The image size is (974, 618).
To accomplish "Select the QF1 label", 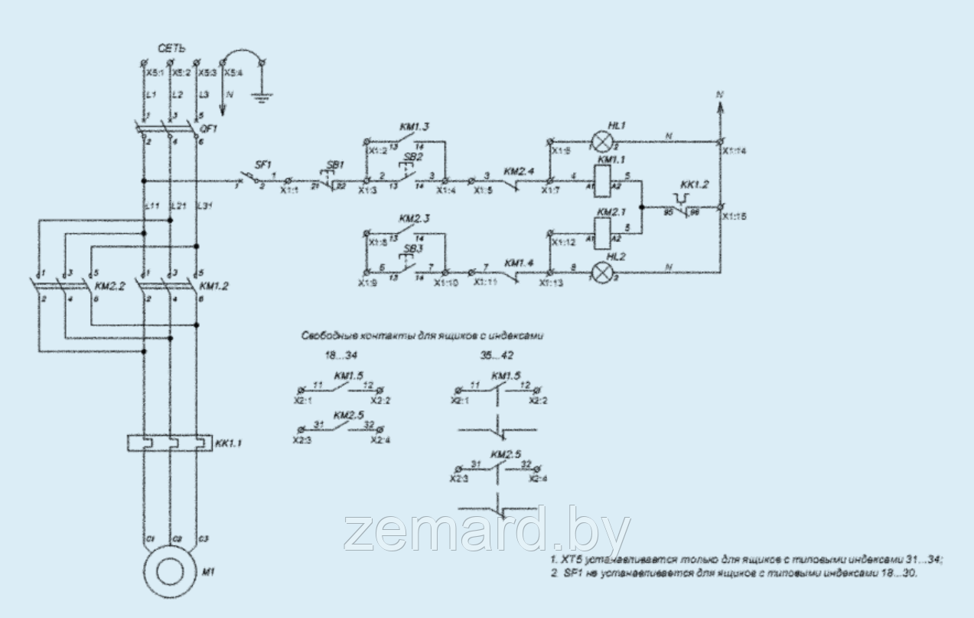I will [209, 129].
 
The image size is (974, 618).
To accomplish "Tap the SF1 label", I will [262, 165].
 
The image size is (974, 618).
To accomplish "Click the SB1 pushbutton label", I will [334, 165].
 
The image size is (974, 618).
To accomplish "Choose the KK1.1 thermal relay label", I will [230, 443].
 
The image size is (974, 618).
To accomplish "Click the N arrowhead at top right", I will [719, 107].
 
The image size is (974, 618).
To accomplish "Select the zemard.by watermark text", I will [488, 530].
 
